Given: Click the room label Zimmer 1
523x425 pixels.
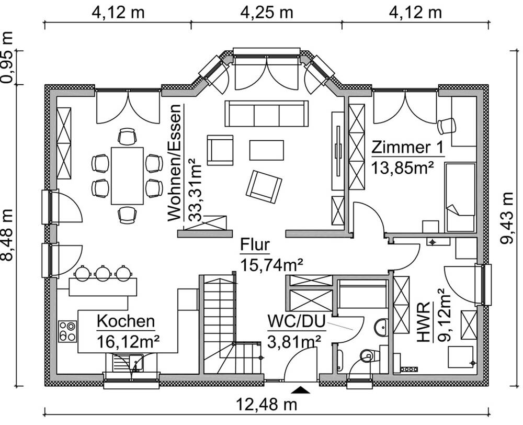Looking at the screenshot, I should coord(407,148).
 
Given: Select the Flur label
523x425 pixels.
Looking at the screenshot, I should coord(255,245).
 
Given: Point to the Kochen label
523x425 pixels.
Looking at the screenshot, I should coord(126,321).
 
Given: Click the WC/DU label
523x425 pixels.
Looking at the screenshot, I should coord(293,320).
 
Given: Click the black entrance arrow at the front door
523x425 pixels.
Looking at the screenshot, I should coord(301,389).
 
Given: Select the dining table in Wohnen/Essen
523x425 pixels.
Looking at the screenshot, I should coord(127,176).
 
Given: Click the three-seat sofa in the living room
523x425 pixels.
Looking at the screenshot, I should coord(266,113).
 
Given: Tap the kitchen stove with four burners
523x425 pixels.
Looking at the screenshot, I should coord(67,331).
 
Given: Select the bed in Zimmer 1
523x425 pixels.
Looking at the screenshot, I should coord(460,197).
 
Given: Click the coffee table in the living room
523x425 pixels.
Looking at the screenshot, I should coord(267,150).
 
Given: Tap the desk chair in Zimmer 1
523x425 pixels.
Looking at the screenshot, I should coord(447,126).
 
